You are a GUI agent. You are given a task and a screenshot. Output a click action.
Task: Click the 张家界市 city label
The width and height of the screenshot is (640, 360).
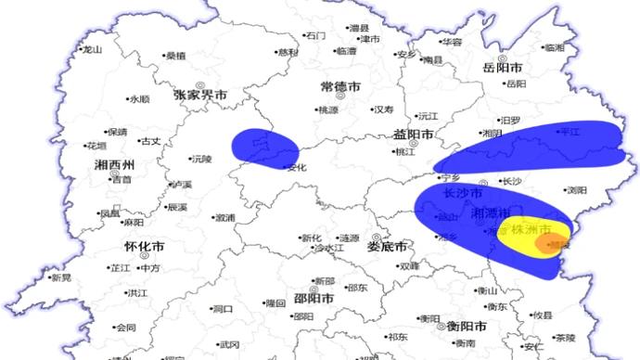(200, 96)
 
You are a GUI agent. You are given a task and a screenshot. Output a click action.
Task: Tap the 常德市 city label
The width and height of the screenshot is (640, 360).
(339, 86)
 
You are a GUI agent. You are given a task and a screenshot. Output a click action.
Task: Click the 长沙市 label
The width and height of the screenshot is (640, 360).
(463, 194)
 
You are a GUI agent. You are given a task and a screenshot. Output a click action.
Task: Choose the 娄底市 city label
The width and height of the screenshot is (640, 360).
(387, 248)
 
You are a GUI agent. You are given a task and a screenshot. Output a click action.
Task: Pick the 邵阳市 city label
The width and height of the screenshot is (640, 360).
(313, 299)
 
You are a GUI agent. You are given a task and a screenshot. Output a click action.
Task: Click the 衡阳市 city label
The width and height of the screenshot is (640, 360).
(467, 327)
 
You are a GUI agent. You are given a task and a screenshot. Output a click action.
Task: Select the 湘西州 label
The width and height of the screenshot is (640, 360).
(115, 165)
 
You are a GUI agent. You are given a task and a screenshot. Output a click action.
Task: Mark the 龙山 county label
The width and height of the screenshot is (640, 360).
(92, 50)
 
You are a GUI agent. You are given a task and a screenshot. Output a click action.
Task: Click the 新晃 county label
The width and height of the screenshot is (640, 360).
(61, 277)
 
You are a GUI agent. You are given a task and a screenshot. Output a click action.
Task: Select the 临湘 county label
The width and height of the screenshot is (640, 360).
(554, 47)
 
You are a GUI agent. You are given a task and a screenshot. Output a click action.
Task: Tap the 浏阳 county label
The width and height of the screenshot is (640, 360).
(577, 190)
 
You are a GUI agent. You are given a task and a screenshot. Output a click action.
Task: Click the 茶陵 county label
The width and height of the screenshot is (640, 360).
(565, 338)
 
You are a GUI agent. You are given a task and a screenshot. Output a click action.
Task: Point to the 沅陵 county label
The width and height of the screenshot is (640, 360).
(201, 159)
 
